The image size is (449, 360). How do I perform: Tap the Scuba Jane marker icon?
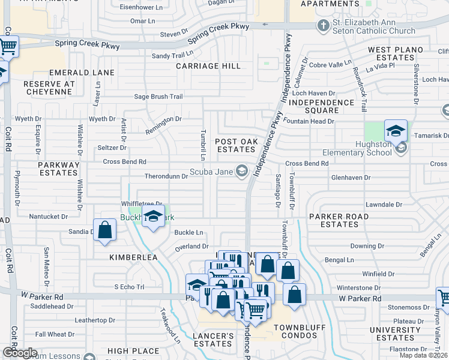[242, 172]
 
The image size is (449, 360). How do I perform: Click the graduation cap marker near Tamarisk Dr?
[396, 131]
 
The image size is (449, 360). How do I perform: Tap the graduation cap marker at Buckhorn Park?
[153, 216]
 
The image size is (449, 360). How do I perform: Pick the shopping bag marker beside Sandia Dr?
[105, 230]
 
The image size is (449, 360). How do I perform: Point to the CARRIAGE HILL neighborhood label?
[208, 66]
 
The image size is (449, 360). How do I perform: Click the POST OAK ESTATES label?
[235, 145]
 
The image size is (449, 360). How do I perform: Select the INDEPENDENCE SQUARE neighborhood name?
[322, 106]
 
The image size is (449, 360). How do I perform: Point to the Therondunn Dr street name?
[166, 176]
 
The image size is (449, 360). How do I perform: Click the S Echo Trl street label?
[129, 287]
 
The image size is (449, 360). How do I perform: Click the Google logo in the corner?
[19, 353]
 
